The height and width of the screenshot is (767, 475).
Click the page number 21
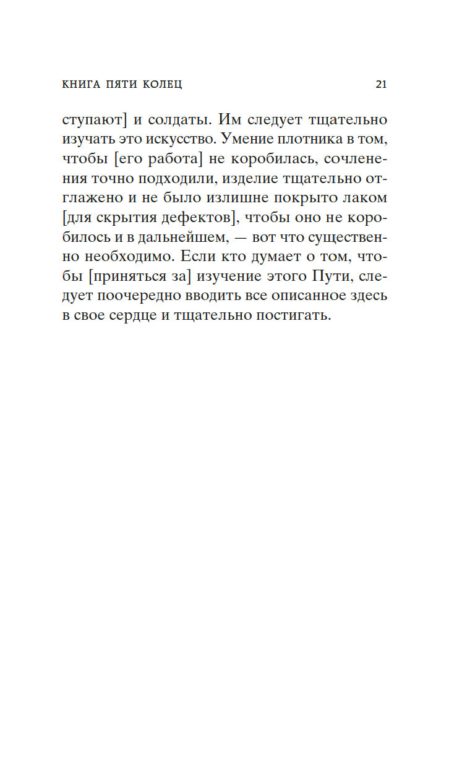tap(381, 85)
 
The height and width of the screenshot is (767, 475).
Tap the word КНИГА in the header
tap(82, 85)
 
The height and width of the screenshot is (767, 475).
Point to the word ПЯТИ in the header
tap(120, 85)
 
